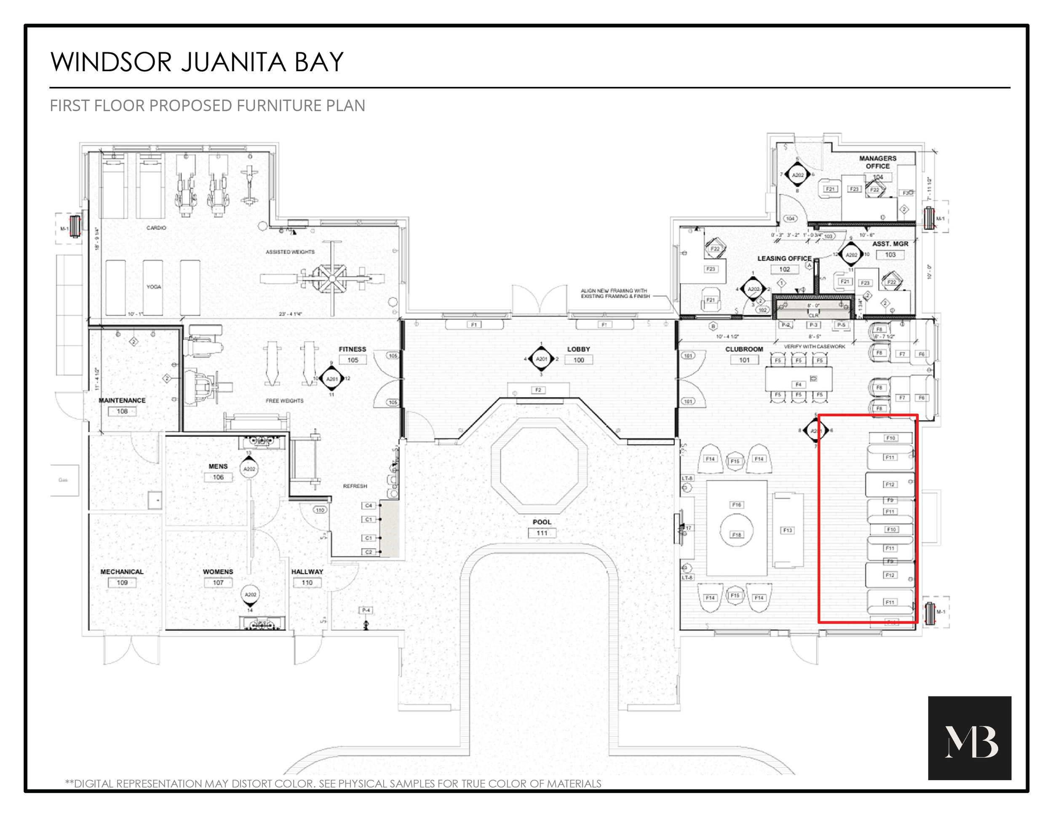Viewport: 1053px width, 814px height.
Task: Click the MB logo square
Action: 969,737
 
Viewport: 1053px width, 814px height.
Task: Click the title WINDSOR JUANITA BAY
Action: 197,62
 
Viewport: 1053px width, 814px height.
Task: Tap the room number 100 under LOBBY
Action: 579,360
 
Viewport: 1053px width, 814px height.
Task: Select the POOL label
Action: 542,522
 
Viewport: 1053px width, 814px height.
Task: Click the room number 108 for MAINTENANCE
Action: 122,411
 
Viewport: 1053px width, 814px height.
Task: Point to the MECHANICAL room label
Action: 122,571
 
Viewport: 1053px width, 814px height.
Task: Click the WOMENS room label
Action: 218,571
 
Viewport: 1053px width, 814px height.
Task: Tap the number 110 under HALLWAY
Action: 307,583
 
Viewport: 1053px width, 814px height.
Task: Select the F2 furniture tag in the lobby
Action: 538,390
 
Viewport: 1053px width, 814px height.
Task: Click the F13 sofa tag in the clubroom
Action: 787,530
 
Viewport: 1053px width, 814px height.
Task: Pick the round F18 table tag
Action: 736,534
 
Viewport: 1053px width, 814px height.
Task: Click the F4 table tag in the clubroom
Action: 799,384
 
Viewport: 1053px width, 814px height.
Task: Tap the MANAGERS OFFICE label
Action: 877,162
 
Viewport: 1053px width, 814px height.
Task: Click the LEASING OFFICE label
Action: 784,258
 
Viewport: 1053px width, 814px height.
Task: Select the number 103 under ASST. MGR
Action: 890,254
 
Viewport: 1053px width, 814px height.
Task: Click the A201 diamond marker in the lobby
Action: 541,359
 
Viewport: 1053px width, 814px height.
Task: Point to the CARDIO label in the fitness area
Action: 156,228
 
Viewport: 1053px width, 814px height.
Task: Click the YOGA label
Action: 154,287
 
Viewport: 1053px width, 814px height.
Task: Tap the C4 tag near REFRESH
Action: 369,505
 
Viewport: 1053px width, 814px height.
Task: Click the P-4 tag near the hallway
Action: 366,610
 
